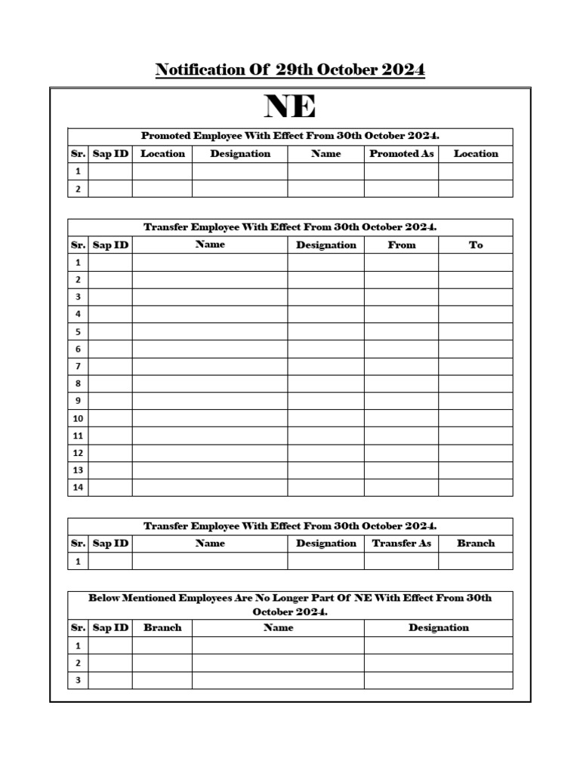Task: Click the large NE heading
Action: pyautogui.click(x=290, y=107)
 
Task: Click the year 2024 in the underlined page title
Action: pyautogui.click(x=403, y=70)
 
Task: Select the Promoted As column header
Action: pyautogui.click(x=401, y=154)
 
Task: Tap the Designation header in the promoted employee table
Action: pyautogui.click(x=240, y=154)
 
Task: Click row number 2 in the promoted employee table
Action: pyautogui.click(x=78, y=189)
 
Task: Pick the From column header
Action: pyautogui.click(x=401, y=245)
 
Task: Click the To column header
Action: pyautogui.click(x=476, y=245)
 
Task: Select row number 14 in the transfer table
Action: pyautogui.click(x=78, y=488)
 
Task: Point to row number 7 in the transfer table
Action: pyautogui.click(x=78, y=366)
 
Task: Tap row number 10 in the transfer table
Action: pyautogui.click(x=78, y=418)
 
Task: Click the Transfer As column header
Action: pyautogui.click(x=401, y=544)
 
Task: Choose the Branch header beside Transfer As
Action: pyautogui.click(x=476, y=544)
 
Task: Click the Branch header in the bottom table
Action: pyautogui.click(x=162, y=628)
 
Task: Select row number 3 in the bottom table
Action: pyautogui.click(x=78, y=680)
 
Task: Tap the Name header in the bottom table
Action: pyautogui.click(x=278, y=628)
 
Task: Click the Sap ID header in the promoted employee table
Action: pyautogui.click(x=110, y=154)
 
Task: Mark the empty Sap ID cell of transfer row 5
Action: pyautogui.click(x=110, y=331)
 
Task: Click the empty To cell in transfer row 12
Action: pyautogui.click(x=476, y=453)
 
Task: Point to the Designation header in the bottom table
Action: pyautogui.click(x=438, y=628)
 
